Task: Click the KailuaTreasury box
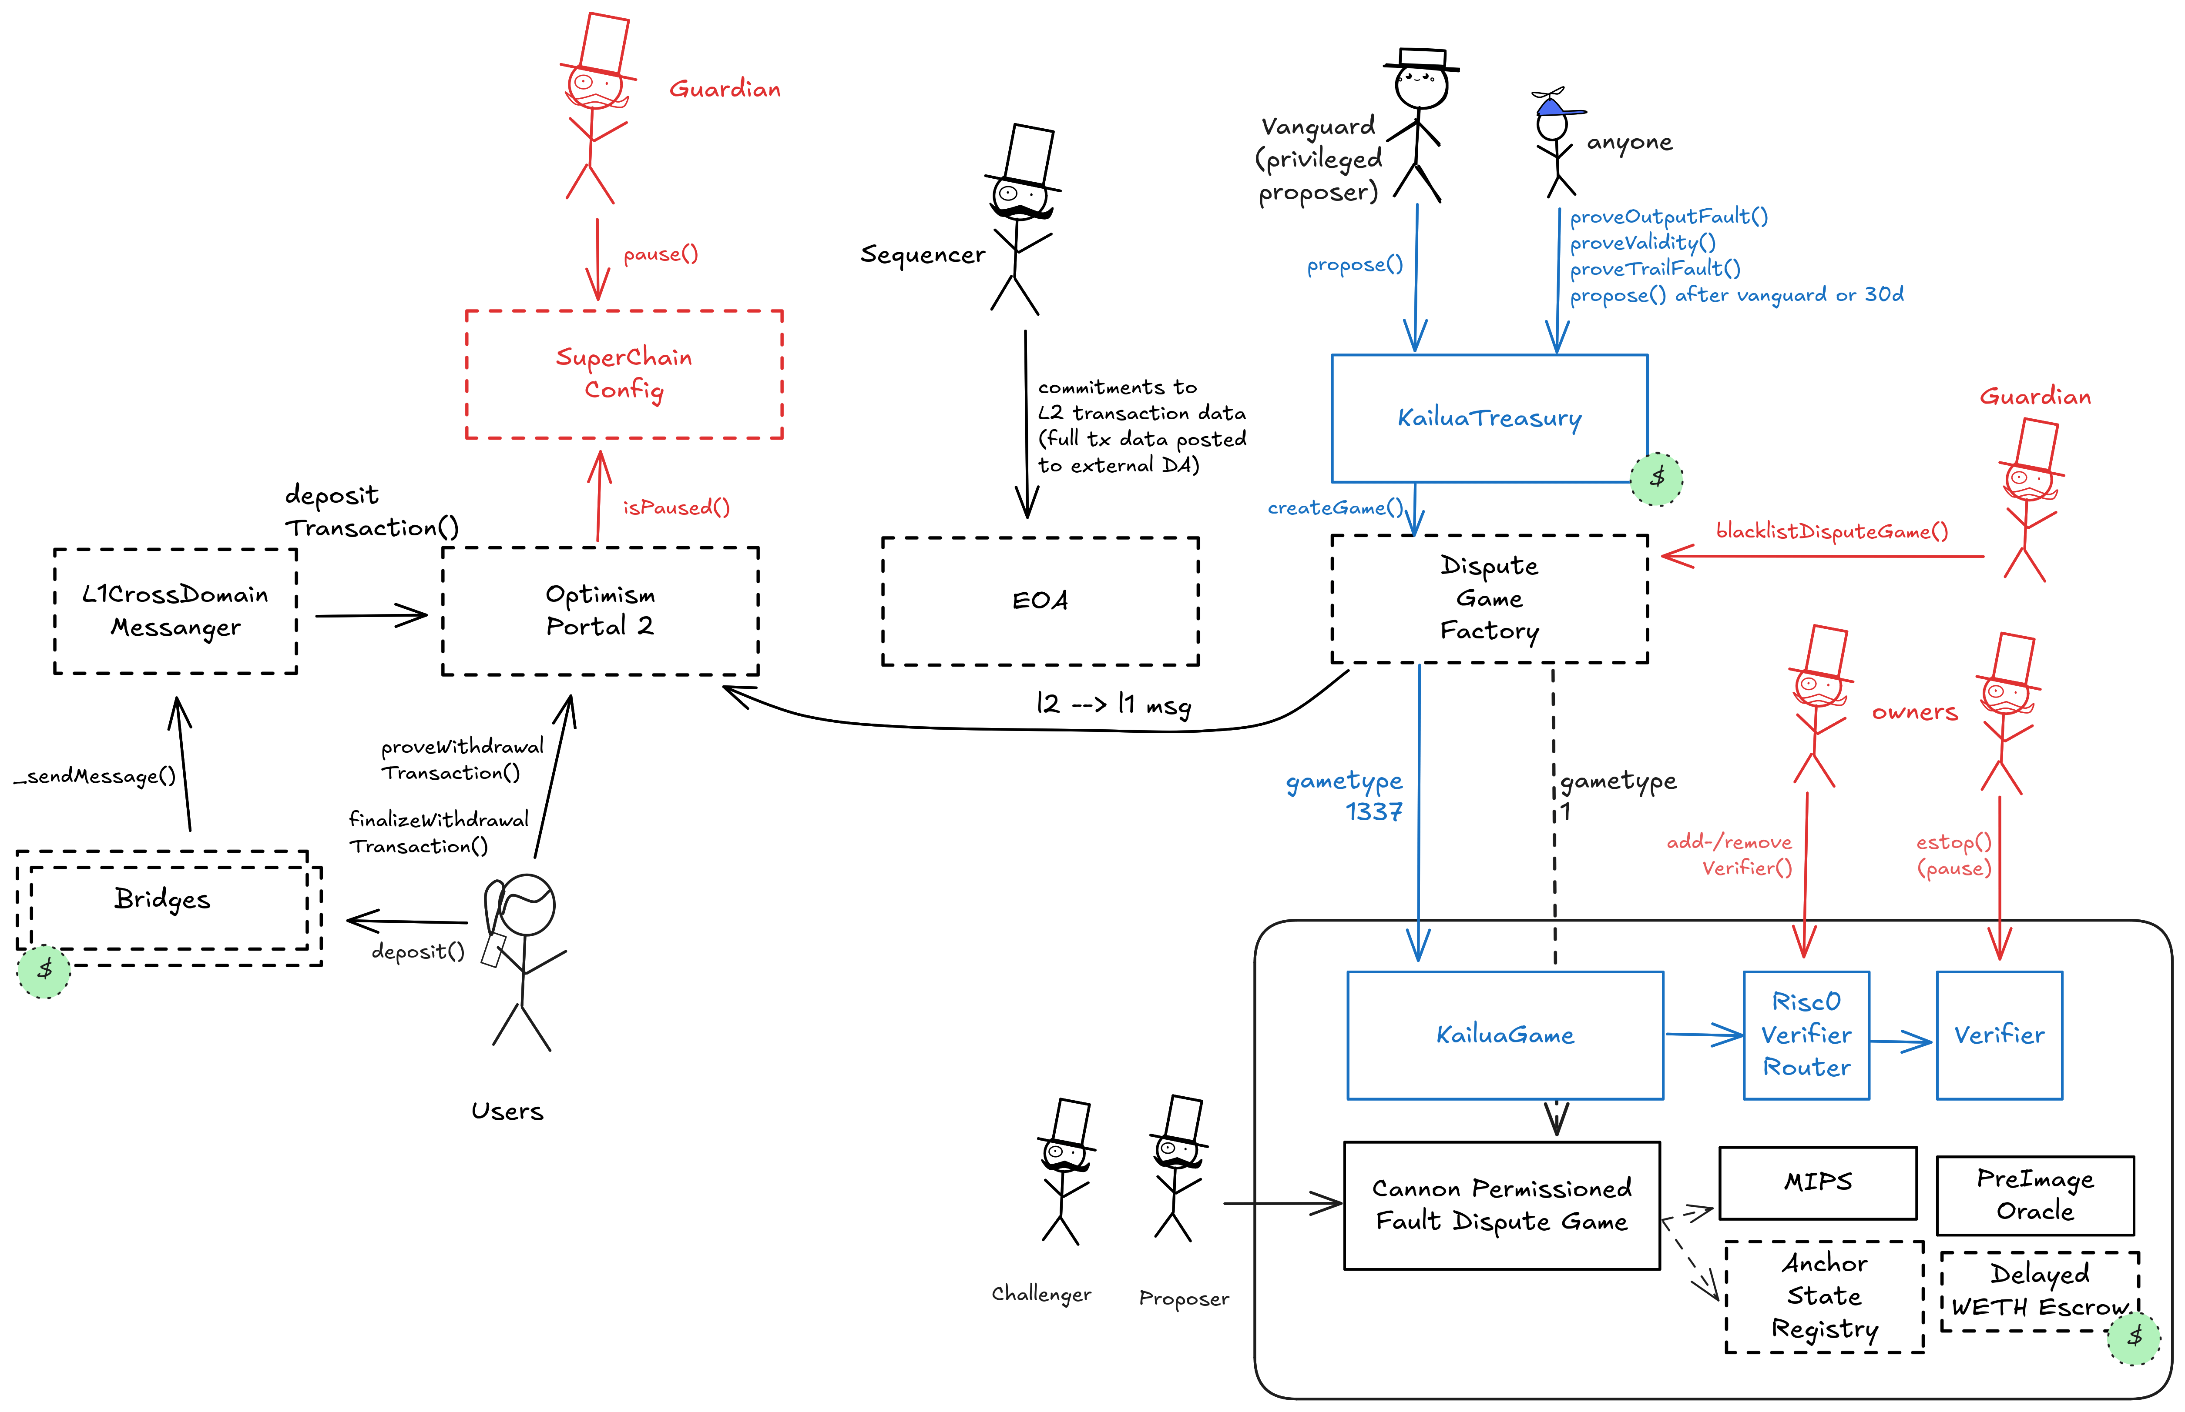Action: point(1489,418)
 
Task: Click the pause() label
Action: point(661,254)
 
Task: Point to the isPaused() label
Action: point(676,507)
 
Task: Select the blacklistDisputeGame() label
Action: point(1832,531)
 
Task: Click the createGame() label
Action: point(1335,507)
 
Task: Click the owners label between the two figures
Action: point(1914,711)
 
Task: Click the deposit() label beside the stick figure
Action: point(417,952)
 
